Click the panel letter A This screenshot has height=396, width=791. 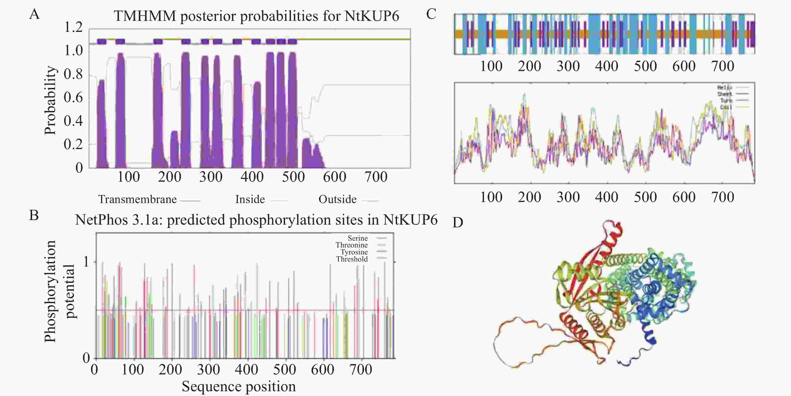34,14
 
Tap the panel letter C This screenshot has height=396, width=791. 431,14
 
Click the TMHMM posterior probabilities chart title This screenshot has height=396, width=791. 256,16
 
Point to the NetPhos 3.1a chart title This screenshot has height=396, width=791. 256,220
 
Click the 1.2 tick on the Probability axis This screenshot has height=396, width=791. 73,28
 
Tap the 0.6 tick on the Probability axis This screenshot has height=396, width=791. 73,98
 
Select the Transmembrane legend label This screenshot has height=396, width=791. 137,200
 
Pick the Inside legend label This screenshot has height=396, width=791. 250,200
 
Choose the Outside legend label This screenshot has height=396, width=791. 337,200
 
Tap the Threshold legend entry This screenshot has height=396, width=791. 352,259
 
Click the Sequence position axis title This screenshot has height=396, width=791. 239,386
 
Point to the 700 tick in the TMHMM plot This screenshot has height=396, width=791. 376,177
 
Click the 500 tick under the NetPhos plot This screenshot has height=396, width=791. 284,369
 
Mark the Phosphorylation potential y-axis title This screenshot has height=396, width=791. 59,291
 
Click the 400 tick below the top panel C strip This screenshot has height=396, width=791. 606,66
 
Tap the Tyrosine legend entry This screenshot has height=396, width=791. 354,252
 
